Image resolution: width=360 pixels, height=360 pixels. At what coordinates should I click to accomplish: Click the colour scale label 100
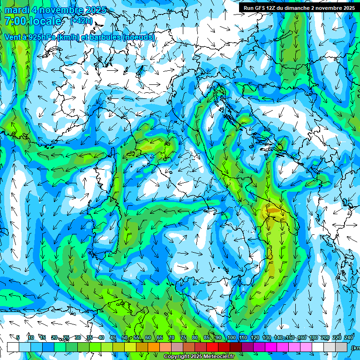point(231,338)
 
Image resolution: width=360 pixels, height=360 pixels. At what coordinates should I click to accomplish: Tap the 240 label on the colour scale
point(348,338)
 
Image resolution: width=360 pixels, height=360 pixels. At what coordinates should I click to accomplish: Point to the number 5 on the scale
point(18,338)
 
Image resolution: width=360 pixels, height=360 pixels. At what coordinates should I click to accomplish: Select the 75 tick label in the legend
point(183,338)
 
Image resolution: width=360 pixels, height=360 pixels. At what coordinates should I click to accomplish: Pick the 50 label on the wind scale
point(125,338)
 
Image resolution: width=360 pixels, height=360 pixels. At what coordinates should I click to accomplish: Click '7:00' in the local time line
point(15,21)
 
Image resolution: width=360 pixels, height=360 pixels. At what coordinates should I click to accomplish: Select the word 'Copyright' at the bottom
point(177,357)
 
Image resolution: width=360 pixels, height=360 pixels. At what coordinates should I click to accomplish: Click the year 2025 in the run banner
point(347,8)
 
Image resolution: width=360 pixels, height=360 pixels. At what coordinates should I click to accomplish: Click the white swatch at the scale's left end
point(13,347)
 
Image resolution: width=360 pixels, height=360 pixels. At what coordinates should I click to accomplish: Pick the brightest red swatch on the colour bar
point(212,347)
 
